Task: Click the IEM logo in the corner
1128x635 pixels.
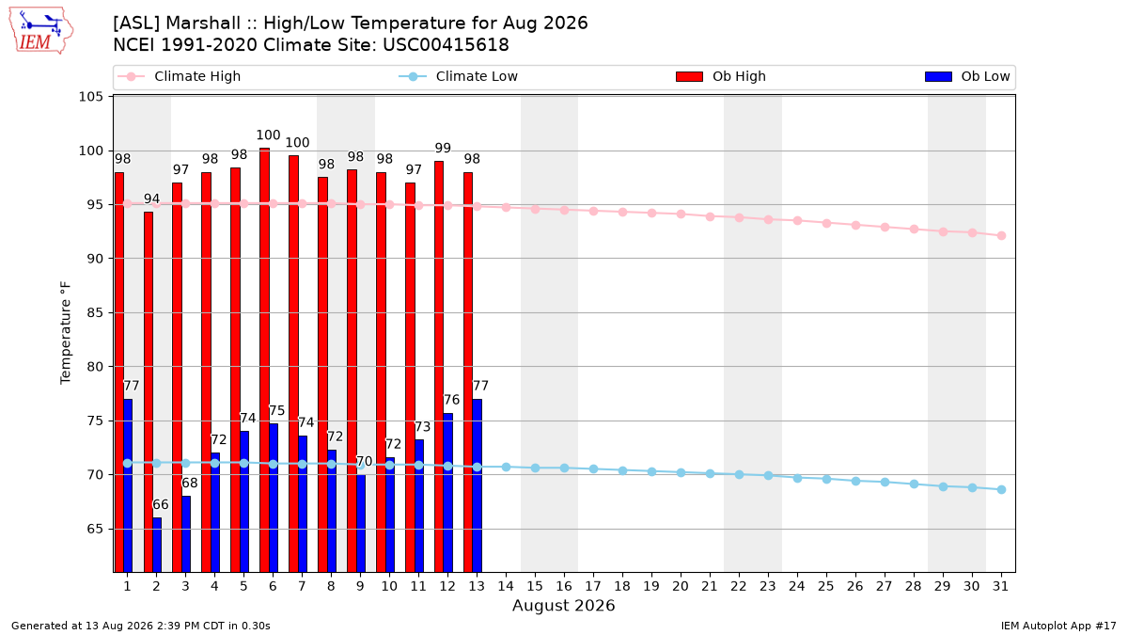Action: point(41,31)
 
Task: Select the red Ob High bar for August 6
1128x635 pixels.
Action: point(264,359)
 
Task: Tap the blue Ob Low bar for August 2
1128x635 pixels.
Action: point(157,545)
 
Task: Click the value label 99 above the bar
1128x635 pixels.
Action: point(443,149)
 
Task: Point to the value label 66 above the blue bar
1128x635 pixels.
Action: point(160,504)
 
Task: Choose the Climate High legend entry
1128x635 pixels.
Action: point(179,76)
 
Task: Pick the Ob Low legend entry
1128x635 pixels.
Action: point(967,76)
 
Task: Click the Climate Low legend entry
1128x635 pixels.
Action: point(458,76)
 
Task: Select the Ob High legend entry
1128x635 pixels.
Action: point(721,76)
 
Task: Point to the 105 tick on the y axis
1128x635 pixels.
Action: point(90,96)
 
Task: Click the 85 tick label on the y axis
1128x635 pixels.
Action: point(95,313)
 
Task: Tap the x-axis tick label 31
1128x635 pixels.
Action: point(1000,587)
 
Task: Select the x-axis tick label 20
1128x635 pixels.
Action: point(681,587)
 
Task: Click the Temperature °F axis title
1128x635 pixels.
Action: point(66,333)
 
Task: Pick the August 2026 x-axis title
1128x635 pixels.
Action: point(563,605)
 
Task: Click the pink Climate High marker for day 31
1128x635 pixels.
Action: point(1001,236)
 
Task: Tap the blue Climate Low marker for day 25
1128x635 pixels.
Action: point(826,479)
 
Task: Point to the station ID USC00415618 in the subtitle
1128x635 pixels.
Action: point(446,45)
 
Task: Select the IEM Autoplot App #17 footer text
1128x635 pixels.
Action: point(1058,626)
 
